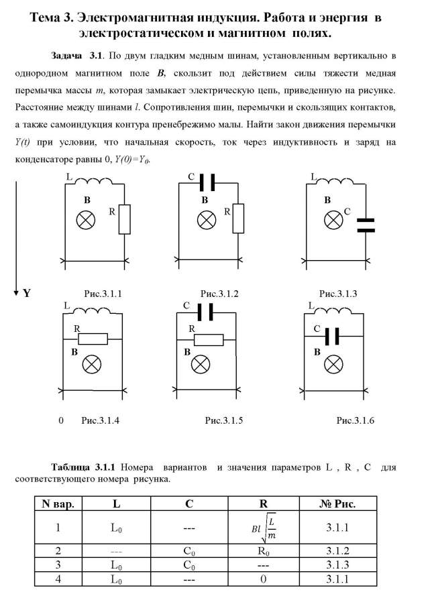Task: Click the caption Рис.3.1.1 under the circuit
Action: coord(103,294)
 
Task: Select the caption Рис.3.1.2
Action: coord(219,294)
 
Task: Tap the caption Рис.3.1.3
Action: coord(338,294)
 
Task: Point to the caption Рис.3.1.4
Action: coord(100,420)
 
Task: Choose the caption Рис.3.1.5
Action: coord(224,420)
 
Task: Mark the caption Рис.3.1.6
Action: coord(355,420)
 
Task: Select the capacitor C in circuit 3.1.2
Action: coord(207,182)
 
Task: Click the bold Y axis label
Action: coord(28,293)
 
